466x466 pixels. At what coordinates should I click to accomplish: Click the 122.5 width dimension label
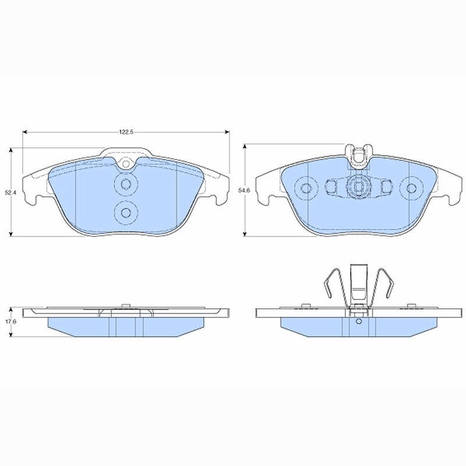126,132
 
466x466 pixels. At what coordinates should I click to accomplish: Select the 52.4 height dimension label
10,192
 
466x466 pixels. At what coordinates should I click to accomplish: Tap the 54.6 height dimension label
244,190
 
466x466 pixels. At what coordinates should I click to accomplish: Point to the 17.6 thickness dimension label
10,322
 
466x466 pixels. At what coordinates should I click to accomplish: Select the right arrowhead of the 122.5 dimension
227,132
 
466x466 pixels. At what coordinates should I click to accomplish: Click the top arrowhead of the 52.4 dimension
11,150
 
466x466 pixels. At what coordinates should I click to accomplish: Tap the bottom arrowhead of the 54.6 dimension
245,234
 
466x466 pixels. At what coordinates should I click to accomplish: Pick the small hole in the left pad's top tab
126,164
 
